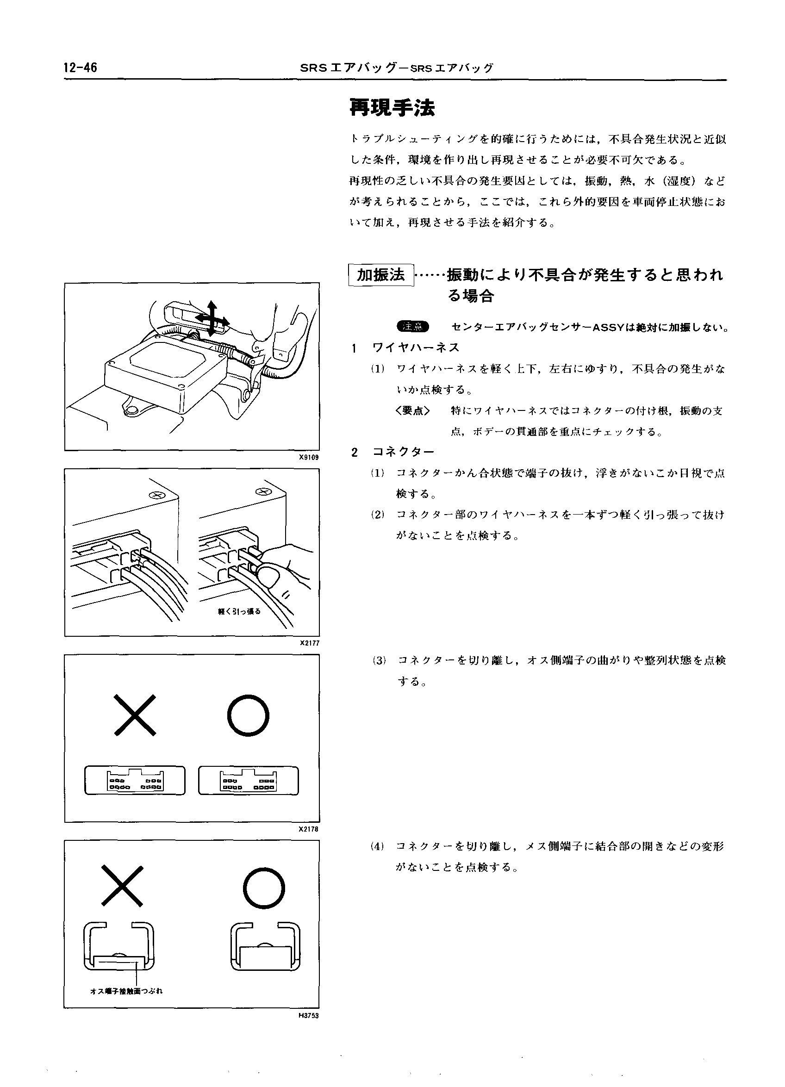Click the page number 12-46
(x=80, y=68)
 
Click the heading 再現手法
(x=392, y=107)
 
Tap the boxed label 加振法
(x=381, y=275)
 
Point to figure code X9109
(x=309, y=457)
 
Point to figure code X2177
(x=309, y=643)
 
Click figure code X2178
(x=309, y=829)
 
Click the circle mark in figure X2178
(x=248, y=716)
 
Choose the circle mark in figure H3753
(x=264, y=888)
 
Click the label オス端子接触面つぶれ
(x=126, y=991)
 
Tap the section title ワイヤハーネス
(x=416, y=348)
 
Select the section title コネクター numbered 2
(x=403, y=452)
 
